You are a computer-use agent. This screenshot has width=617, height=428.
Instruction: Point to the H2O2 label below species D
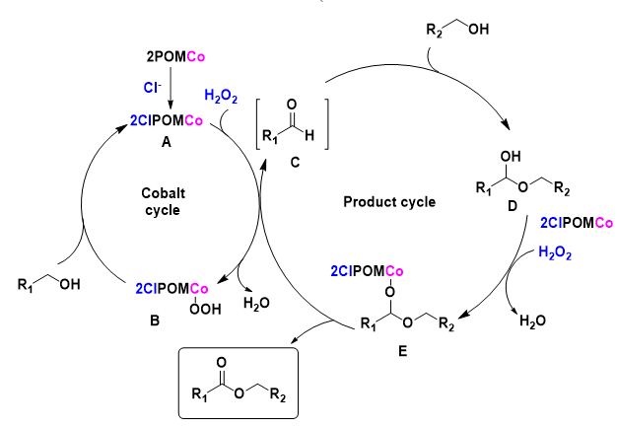point(556,253)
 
